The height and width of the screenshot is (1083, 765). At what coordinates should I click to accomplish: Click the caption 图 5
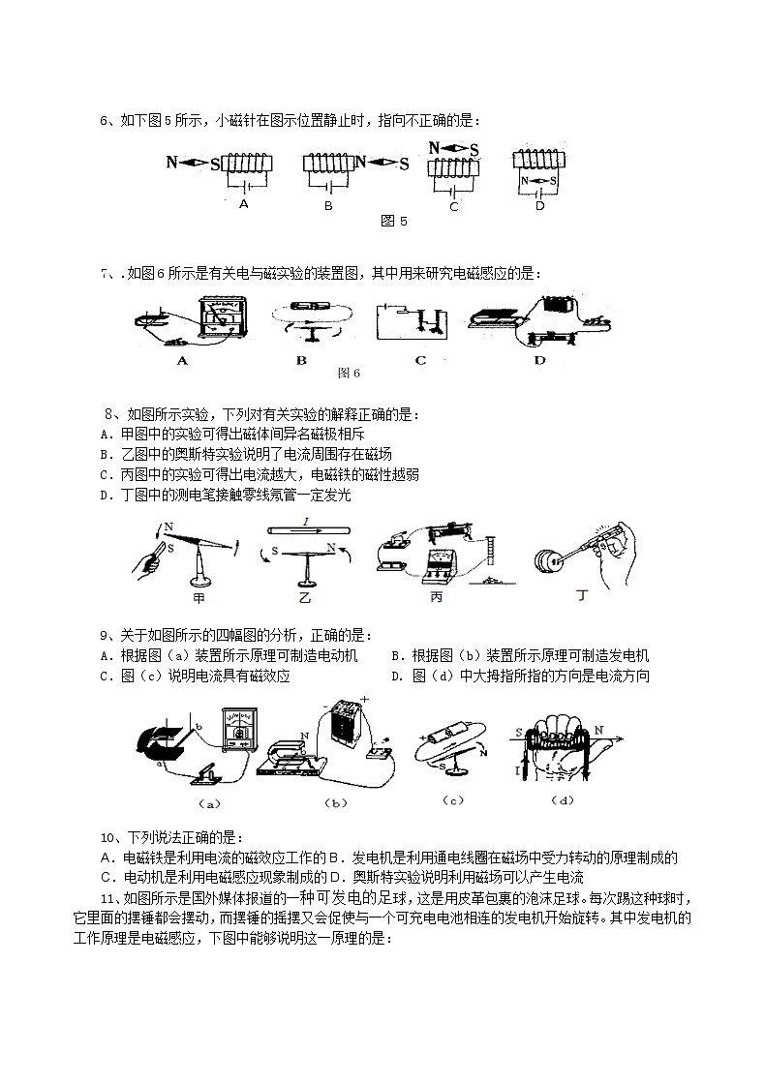pyautogui.click(x=394, y=222)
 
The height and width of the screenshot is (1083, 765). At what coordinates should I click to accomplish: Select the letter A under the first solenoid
pyautogui.click(x=244, y=204)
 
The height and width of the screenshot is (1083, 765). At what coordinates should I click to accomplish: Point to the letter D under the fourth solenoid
pyautogui.click(x=539, y=205)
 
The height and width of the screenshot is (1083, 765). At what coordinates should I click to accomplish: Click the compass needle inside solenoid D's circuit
pyautogui.click(x=539, y=181)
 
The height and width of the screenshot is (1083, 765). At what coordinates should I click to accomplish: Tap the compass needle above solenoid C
pyautogui.click(x=454, y=150)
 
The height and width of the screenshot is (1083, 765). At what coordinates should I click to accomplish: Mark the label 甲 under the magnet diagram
pyautogui.click(x=199, y=597)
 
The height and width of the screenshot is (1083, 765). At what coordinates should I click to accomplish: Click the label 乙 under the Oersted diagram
pyautogui.click(x=304, y=598)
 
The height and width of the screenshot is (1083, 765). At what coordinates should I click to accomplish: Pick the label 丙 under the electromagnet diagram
pyautogui.click(x=436, y=598)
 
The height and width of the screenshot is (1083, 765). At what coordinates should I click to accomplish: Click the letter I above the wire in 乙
pyautogui.click(x=305, y=521)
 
